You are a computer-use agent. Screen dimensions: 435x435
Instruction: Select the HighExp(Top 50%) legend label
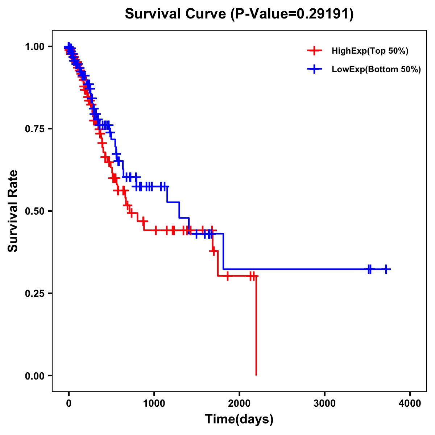click(370, 51)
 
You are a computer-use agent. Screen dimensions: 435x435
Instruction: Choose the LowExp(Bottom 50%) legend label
click(376, 70)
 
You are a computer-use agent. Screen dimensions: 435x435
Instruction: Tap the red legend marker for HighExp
click(315, 51)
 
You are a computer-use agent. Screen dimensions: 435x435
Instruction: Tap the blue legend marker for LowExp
click(315, 70)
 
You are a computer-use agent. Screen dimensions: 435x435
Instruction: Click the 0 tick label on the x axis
click(69, 403)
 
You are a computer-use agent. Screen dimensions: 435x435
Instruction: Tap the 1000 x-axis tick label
click(154, 403)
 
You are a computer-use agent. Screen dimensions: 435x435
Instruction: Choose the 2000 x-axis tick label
click(239, 403)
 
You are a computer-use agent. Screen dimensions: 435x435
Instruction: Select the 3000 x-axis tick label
click(325, 403)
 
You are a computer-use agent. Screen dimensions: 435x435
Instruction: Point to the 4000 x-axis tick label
click(410, 403)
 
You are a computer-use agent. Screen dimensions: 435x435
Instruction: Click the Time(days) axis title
click(239, 419)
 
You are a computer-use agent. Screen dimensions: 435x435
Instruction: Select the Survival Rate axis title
click(13, 211)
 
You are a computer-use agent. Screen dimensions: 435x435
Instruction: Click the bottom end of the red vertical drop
click(256, 375)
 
